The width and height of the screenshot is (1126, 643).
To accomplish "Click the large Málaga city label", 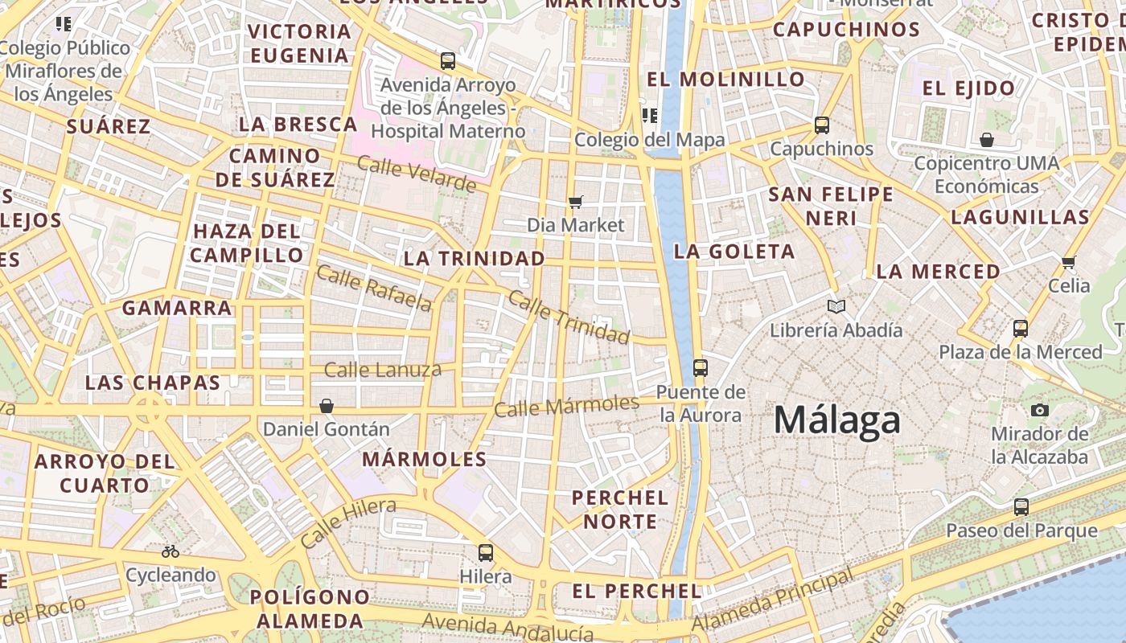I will pyautogui.click(x=836, y=421).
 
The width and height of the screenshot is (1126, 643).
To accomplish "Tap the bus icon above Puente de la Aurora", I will pyautogui.click(x=701, y=368).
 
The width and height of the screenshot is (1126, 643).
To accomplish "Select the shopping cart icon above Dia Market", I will pyautogui.click(x=575, y=202).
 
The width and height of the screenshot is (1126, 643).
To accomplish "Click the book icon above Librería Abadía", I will pyautogui.click(x=836, y=306).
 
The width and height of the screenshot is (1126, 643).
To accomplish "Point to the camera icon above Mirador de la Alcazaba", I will pyautogui.click(x=1039, y=410).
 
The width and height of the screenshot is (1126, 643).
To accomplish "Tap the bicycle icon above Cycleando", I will pyautogui.click(x=171, y=551).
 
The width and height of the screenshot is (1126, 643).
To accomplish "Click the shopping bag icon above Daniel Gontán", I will pyautogui.click(x=327, y=406).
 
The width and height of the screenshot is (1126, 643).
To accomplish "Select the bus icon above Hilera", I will pyautogui.click(x=486, y=553).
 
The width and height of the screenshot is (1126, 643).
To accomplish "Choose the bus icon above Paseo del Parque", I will pyautogui.click(x=1021, y=507).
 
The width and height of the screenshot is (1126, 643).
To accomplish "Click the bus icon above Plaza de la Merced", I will pyautogui.click(x=1021, y=329).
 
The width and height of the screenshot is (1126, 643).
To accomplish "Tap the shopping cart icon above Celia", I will pyautogui.click(x=1069, y=262).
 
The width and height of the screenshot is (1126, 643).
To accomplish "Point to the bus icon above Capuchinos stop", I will pyautogui.click(x=821, y=125).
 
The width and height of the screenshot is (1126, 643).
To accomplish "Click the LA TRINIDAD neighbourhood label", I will pyautogui.click(x=475, y=259).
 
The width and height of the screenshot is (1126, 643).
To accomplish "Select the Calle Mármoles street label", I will pyautogui.click(x=566, y=406).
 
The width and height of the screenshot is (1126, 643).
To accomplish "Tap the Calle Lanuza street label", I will pyautogui.click(x=383, y=370).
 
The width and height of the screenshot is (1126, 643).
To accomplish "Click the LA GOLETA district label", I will pyautogui.click(x=734, y=252).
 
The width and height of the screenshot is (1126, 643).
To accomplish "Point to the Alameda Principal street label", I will pyautogui.click(x=772, y=600).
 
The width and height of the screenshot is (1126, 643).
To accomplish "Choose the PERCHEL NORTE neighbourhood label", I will pyautogui.click(x=620, y=510).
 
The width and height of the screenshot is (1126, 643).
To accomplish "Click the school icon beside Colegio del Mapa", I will pyautogui.click(x=650, y=115).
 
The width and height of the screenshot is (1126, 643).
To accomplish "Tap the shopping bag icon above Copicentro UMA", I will pyautogui.click(x=987, y=141).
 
